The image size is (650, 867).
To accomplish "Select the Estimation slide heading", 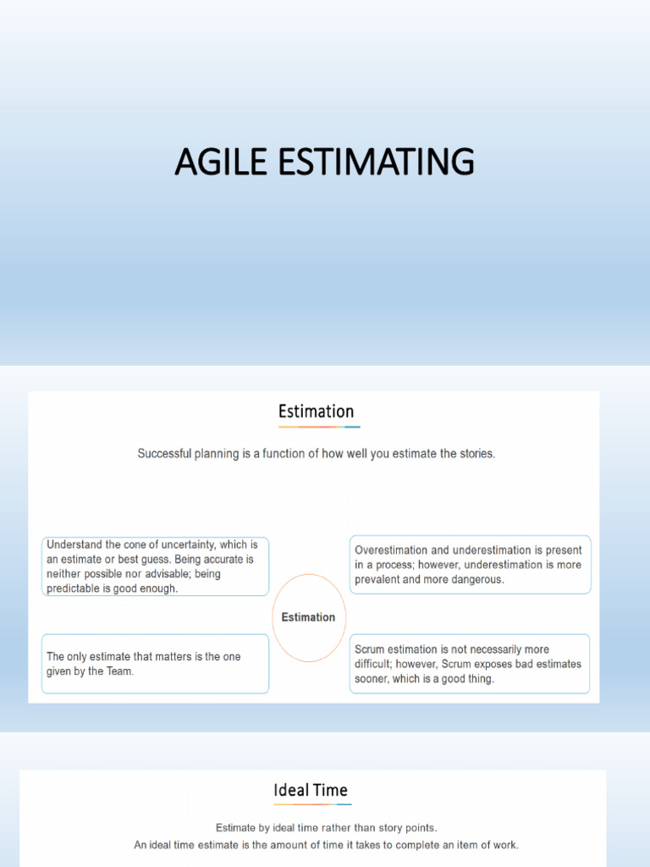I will coord(317,411).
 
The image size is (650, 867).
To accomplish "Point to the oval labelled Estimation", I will coord(308,617).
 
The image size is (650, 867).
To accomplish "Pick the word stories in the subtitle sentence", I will coord(473,454).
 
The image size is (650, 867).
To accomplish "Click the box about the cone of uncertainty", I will coord(155,566).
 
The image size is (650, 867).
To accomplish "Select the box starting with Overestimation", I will coord(470,565).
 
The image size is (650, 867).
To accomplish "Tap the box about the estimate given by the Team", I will coord(155,664).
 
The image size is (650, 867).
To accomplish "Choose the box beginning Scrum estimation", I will coord(470,664).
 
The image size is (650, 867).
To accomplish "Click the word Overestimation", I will coord(394,550).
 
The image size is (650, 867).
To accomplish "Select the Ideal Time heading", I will coord(311,790).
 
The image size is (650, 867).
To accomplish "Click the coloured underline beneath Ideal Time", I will coord(311,804).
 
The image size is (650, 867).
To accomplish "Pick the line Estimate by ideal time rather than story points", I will coord(327,827).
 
